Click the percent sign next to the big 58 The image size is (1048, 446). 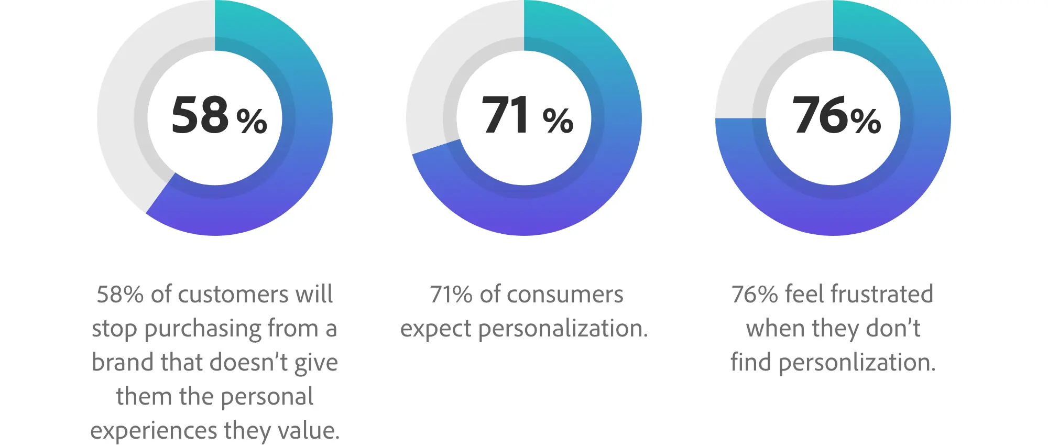252,121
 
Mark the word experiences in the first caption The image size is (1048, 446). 154,431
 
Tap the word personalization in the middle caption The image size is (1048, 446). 563,329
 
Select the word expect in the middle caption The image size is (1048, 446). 435,329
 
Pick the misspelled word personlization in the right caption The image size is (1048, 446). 857,363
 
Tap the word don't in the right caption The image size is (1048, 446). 893,329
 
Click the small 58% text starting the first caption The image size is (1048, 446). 120,295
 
